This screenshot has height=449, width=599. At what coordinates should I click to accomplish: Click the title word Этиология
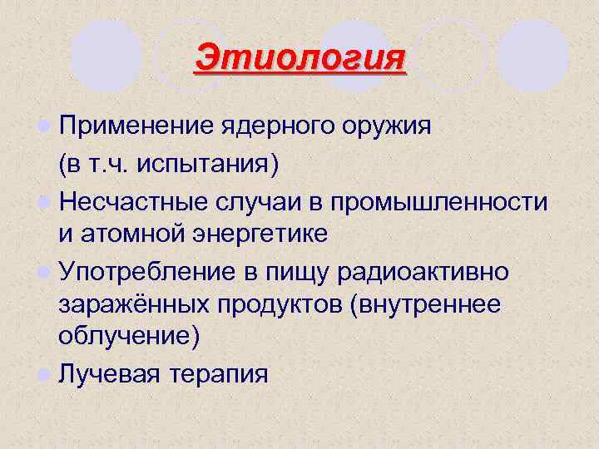[300, 59]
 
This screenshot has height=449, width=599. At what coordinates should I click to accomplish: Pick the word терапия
[218, 374]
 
